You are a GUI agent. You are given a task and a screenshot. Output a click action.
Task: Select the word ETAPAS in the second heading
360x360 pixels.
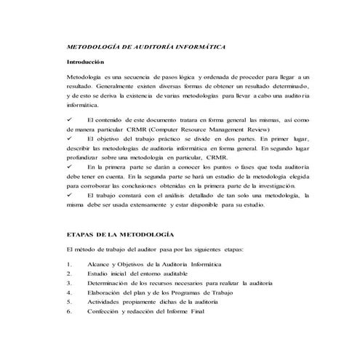point(81,236)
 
